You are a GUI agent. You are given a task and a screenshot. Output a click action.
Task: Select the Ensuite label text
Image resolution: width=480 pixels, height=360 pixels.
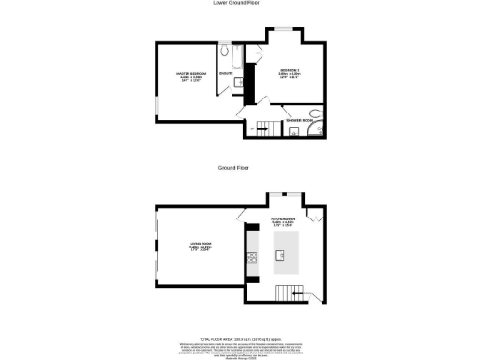[x=226, y=71]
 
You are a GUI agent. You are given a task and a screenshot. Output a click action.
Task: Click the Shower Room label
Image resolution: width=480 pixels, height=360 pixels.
[x=298, y=120]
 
